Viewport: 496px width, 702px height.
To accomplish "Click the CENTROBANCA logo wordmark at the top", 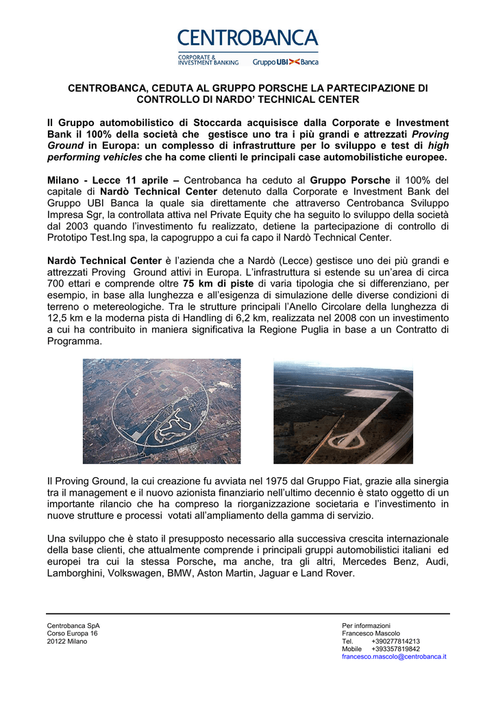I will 248,38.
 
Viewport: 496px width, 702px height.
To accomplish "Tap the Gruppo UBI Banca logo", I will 286,62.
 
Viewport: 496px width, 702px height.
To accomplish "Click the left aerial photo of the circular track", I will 162,411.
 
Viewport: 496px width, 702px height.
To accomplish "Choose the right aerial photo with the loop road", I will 343,412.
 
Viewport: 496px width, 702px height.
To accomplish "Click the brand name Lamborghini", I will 75,573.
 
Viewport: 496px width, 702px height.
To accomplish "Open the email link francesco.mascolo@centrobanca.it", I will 394,656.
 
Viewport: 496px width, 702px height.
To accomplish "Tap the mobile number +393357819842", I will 395,649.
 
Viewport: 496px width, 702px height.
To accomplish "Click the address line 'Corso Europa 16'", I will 72,633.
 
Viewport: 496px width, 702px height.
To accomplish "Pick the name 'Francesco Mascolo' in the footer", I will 371,633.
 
